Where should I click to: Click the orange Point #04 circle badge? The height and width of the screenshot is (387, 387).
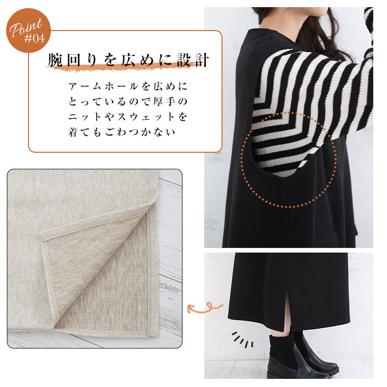[29, 31]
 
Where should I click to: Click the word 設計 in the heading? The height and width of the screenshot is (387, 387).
[193, 60]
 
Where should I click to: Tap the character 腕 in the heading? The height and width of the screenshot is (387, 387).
[56, 60]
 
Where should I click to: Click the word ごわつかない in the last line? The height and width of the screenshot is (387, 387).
[140, 132]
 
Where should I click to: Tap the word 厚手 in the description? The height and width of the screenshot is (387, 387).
[164, 102]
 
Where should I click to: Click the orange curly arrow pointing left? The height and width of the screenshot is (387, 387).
[205, 308]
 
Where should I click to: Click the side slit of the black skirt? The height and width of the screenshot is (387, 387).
[287, 314]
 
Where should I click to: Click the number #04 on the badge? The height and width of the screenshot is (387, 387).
[35, 38]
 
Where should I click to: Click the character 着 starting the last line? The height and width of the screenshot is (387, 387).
[73, 132]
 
